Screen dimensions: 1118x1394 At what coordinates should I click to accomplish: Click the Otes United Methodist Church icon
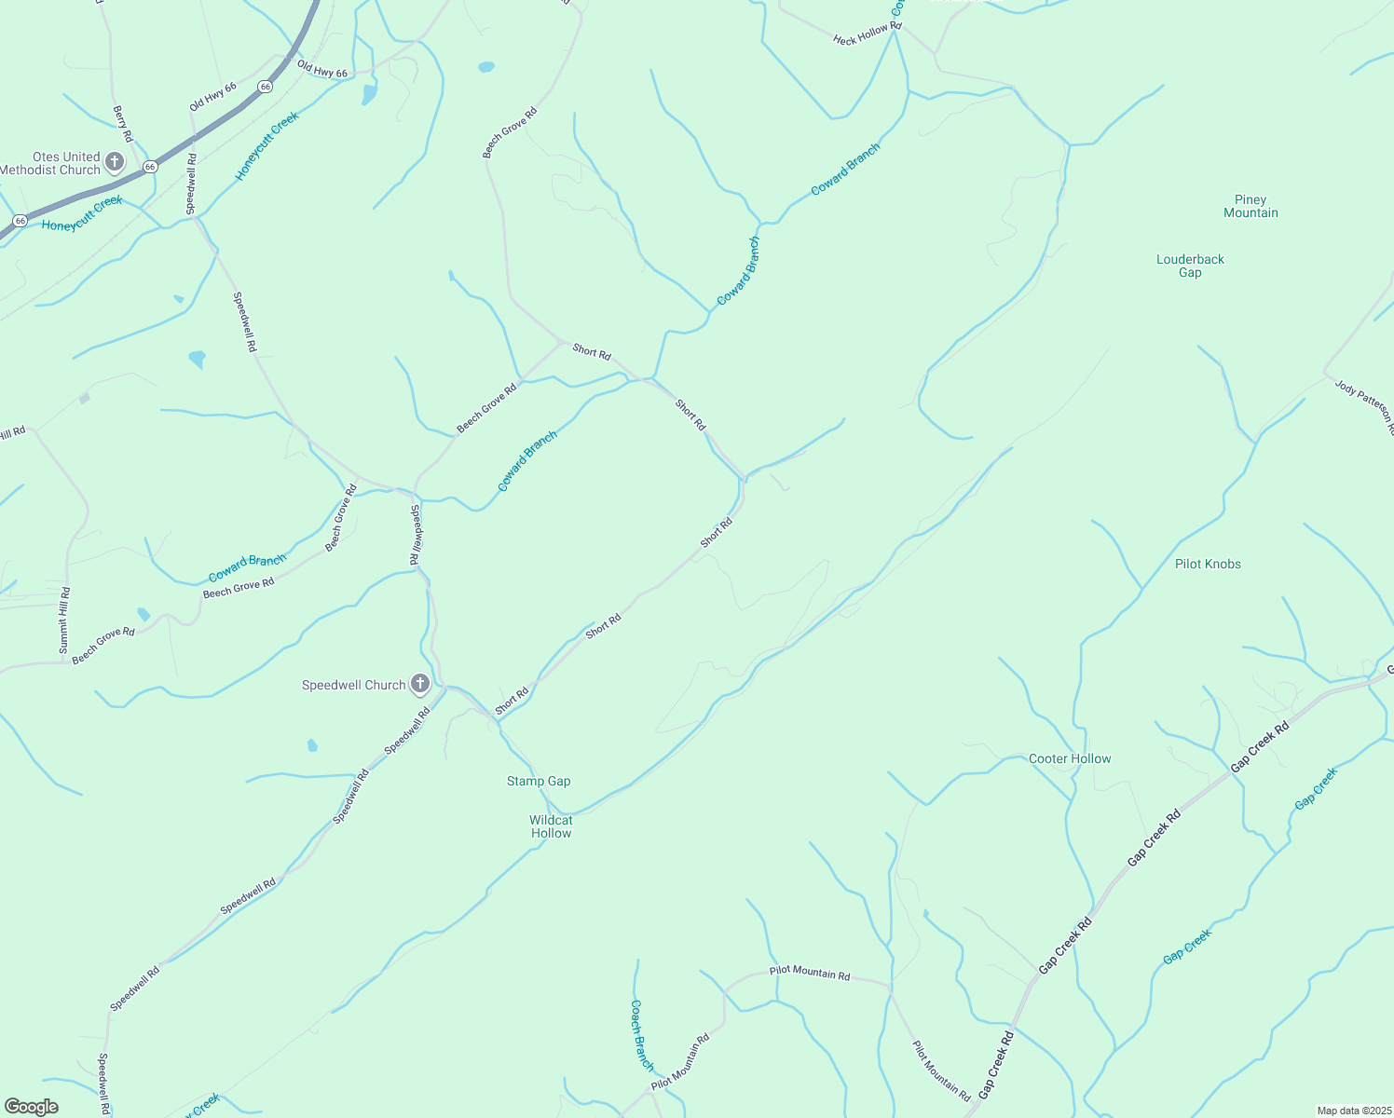(115, 162)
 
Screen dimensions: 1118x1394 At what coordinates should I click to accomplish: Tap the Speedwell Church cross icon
(420, 685)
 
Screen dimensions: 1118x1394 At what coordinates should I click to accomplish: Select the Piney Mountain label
(1250, 206)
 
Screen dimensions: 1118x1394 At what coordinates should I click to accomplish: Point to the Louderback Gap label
(1190, 266)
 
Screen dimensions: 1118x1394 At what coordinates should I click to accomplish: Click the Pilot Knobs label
(1208, 564)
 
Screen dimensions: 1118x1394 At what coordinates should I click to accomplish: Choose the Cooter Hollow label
(1070, 758)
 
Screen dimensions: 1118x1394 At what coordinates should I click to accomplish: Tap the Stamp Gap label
(539, 781)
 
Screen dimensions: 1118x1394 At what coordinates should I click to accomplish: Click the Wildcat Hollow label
(551, 826)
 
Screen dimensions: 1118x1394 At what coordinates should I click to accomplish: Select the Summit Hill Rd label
(64, 620)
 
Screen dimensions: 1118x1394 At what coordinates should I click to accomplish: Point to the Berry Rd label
(123, 123)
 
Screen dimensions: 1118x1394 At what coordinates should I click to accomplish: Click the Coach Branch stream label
(642, 1035)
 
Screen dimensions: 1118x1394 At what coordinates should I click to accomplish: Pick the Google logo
(31, 1107)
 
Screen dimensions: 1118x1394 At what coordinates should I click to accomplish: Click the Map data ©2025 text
(1354, 1111)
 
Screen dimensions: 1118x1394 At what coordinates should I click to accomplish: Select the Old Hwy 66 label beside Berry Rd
(212, 96)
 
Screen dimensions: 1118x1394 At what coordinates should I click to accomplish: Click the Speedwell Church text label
(353, 685)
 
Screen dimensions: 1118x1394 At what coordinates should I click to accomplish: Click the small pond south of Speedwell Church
(312, 745)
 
